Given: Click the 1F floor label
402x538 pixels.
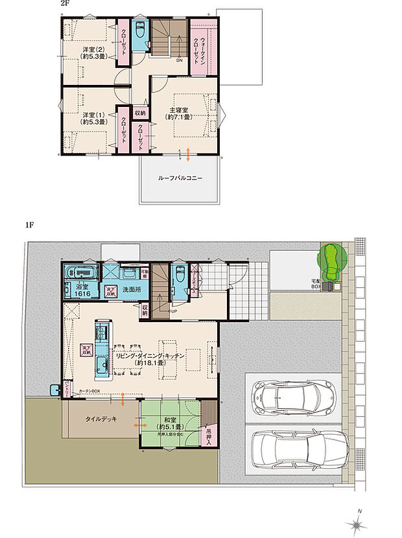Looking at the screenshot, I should [29, 225].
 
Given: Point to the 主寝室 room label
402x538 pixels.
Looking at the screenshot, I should [180, 113].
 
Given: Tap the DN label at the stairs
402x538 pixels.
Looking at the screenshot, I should [179, 61].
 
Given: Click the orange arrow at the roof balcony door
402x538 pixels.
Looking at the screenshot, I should [188, 154].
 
